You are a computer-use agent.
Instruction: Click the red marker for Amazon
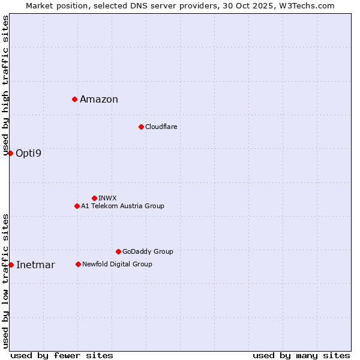74,99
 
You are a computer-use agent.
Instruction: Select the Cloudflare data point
141,127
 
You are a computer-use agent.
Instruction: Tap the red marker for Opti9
10,153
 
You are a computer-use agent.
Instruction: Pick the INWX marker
94,198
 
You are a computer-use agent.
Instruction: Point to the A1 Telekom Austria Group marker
77,206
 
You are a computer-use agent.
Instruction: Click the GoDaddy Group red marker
118,251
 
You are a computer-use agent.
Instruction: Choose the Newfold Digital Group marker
78,264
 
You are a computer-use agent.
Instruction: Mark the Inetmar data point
11,265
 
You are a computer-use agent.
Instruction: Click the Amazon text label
99,100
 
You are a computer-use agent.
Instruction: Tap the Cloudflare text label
161,127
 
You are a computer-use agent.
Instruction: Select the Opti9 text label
29,154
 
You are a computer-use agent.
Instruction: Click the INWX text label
107,198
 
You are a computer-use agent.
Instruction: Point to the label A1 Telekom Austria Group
122,206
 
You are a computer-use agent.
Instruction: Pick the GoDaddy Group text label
148,252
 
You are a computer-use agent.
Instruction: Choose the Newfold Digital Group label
117,265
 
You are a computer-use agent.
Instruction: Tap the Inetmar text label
35,265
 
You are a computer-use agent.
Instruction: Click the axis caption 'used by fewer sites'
62,355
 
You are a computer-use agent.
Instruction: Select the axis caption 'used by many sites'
301,355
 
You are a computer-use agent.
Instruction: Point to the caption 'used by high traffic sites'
5,85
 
